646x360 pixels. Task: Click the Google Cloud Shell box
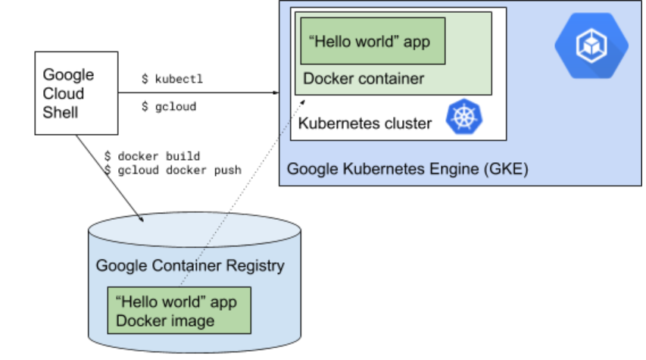pyautogui.click(x=76, y=93)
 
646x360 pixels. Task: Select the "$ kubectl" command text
pyautogui.click(x=172, y=79)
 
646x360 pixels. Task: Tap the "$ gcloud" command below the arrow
pyautogui.click(x=169, y=107)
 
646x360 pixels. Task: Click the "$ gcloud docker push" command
pyautogui.click(x=173, y=170)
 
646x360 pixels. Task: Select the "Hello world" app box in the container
pyautogui.click(x=372, y=41)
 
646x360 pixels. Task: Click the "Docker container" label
pyautogui.click(x=364, y=79)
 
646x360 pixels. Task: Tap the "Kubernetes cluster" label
pyautogui.click(x=365, y=123)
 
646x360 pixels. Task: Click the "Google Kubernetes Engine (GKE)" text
pyautogui.click(x=407, y=169)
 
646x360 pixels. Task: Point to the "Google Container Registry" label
pyautogui.click(x=190, y=265)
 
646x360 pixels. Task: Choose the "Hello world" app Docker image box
pyautogui.click(x=179, y=311)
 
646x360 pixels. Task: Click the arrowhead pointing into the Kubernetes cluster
pyautogui.click(x=276, y=93)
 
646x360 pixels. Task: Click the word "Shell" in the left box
pyautogui.click(x=61, y=112)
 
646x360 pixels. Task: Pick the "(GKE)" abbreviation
pyautogui.click(x=504, y=169)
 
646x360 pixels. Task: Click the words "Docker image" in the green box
pyautogui.click(x=165, y=320)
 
